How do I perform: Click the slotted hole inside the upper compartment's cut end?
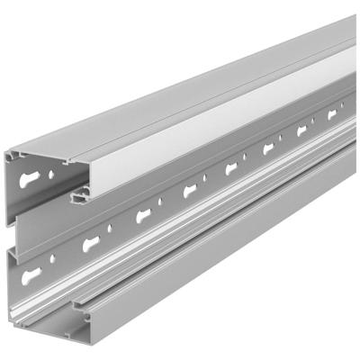[35, 172]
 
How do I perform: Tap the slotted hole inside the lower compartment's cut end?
[32, 273]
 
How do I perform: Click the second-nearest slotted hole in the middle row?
[144, 215]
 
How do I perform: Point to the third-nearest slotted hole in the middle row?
[192, 190]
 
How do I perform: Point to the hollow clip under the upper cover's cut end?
[81, 192]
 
